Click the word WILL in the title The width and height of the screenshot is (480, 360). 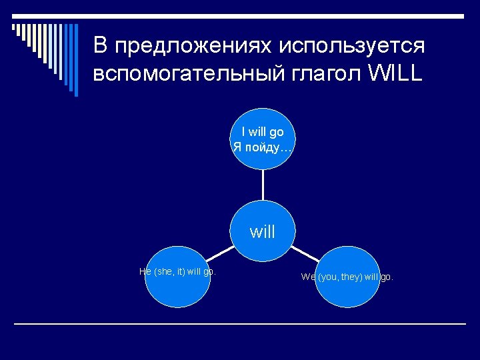pyautogui.click(x=394, y=74)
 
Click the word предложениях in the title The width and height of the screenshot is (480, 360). pyautogui.click(x=192, y=46)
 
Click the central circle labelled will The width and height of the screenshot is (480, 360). pyautogui.click(x=263, y=232)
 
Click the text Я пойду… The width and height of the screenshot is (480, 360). pyautogui.click(x=263, y=146)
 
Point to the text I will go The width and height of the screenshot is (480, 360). pyautogui.click(x=263, y=132)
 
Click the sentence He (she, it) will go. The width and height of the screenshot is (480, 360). pyautogui.click(x=177, y=271)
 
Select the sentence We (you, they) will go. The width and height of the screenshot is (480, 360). pyautogui.click(x=347, y=277)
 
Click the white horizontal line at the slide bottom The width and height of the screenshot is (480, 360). pyautogui.click(x=240, y=324)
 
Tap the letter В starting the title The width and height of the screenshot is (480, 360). pyautogui.click(x=100, y=45)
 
